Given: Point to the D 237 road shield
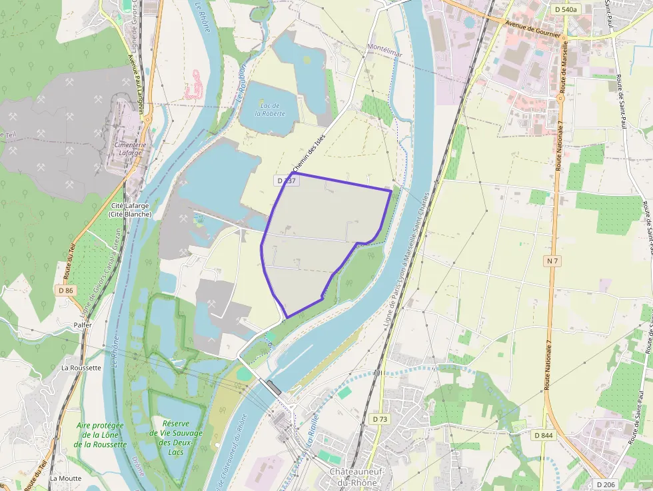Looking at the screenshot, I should [286, 181].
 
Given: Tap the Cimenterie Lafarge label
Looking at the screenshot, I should [130, 149].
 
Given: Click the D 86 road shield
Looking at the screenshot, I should [65, 290].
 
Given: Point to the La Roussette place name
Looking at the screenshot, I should [81, 367].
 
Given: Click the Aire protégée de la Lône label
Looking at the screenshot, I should [100, 434].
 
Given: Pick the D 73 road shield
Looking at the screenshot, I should [380, 418].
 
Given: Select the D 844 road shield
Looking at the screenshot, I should [544, 435].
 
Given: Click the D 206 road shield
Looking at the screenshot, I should [607, 484].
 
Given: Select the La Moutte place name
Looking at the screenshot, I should [65, 478].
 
